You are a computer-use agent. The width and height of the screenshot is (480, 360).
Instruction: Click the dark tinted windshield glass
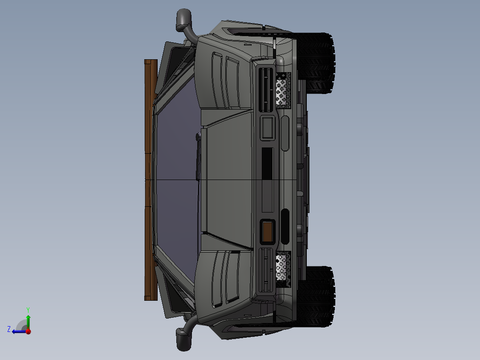176,178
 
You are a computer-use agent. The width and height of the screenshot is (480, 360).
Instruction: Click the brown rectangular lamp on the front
268,232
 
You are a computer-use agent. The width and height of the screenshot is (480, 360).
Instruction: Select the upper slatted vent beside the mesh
266,90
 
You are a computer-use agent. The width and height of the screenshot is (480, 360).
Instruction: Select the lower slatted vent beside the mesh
266,270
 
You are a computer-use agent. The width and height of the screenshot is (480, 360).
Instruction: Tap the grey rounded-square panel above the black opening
268,128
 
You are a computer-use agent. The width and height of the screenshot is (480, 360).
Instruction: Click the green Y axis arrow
28,320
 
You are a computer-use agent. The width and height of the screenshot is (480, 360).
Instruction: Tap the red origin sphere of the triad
28,331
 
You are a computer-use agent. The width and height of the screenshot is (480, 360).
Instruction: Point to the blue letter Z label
9,329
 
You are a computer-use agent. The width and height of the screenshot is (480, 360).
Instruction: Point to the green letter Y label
28,309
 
